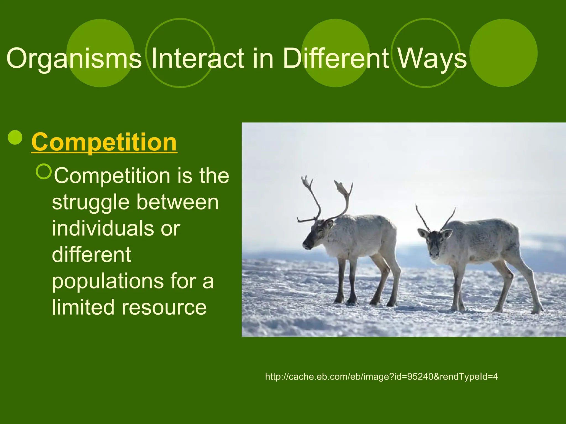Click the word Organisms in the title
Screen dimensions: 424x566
click(x=74, y=59)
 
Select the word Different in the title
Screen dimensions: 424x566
click(x=336, y=59)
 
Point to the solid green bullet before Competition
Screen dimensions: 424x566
click(x=15, y=137)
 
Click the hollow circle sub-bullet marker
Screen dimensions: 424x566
click(x=44, y=171)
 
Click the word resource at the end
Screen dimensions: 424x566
click(x=164, y=307)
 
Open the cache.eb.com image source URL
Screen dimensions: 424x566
click(x=381, y=377)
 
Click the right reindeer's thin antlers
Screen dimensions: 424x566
click(x=435, y=218)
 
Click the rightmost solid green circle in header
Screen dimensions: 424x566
click(x=504, y=53)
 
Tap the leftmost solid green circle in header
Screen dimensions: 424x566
click(x=101, y=53)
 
